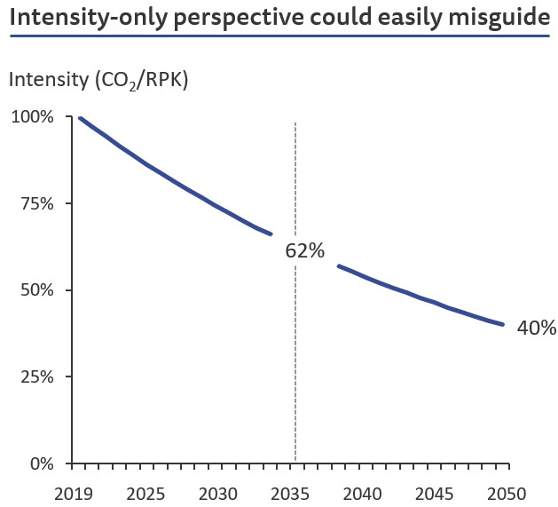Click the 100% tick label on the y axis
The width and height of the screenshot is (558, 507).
pyautogui.click(x=32, y=117)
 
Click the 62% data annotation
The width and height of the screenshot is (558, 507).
pyautogui.click(x=305, y=250)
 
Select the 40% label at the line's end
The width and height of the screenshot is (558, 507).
pyautogui.click(x=536, y=328)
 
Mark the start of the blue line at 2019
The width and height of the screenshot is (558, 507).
pyautogui.click(x=81, y=118)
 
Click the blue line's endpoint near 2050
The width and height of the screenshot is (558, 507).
pyautogui.click(x=503, y=324)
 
